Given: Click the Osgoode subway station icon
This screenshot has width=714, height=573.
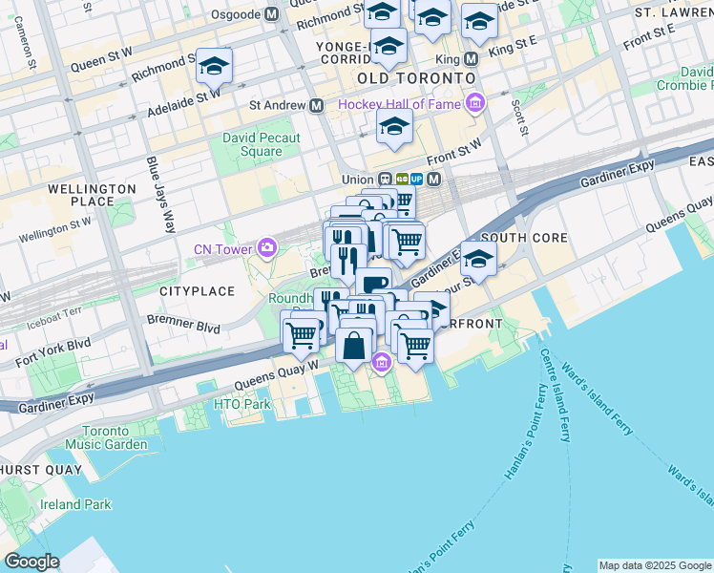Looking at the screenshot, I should point(272,14).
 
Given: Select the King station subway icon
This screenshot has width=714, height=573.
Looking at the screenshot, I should point(470,58).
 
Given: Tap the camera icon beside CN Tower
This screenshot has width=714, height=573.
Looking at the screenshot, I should point(267,249).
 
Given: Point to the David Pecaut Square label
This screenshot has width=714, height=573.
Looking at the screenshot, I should point(261,144).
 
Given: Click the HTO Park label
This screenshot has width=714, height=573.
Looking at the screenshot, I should point(241,404).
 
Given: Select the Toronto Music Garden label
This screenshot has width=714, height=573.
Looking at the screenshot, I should point(104,437).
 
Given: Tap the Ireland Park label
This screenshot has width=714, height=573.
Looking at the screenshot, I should point(76,504).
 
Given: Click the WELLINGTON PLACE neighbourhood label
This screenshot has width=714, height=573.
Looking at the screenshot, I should point(92,196).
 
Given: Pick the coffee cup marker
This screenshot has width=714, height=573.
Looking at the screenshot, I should point(373,284).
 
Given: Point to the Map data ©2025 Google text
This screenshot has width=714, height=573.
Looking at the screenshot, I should point(655,565).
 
